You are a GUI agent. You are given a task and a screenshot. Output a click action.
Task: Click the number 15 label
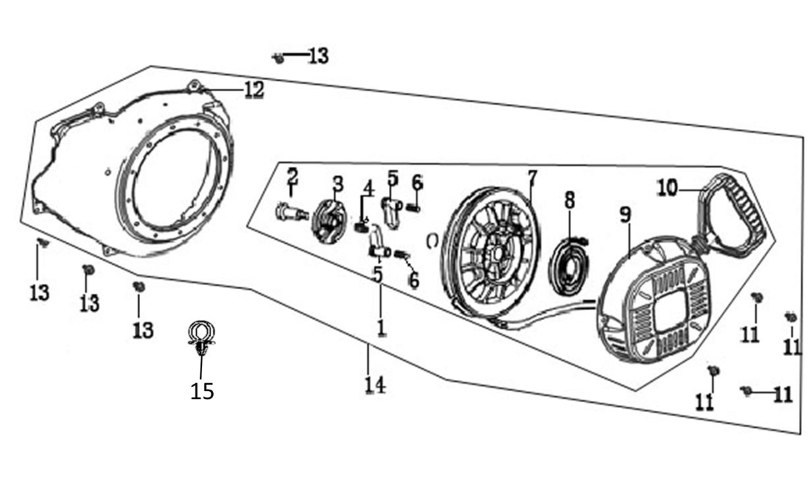tap(202, 391)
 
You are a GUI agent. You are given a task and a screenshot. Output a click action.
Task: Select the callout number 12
tap(253, 90)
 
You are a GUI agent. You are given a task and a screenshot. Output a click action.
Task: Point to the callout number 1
tap(380, 326)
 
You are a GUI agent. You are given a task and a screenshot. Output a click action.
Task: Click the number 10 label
tap(667, 189)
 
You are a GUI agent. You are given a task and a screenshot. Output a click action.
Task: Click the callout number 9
tap(625, 214)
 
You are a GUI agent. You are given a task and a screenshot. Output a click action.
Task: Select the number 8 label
tap(569, 199)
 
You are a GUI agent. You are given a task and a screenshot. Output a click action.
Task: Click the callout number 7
tap(532, 177)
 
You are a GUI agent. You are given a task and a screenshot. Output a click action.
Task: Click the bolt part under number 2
tap(290, 212)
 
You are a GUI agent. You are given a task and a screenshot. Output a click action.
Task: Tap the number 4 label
tap(368, 188)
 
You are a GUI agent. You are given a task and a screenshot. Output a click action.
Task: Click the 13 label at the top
tap(318, 56)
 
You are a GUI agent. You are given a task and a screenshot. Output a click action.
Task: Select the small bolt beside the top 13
tap(278, 58)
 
